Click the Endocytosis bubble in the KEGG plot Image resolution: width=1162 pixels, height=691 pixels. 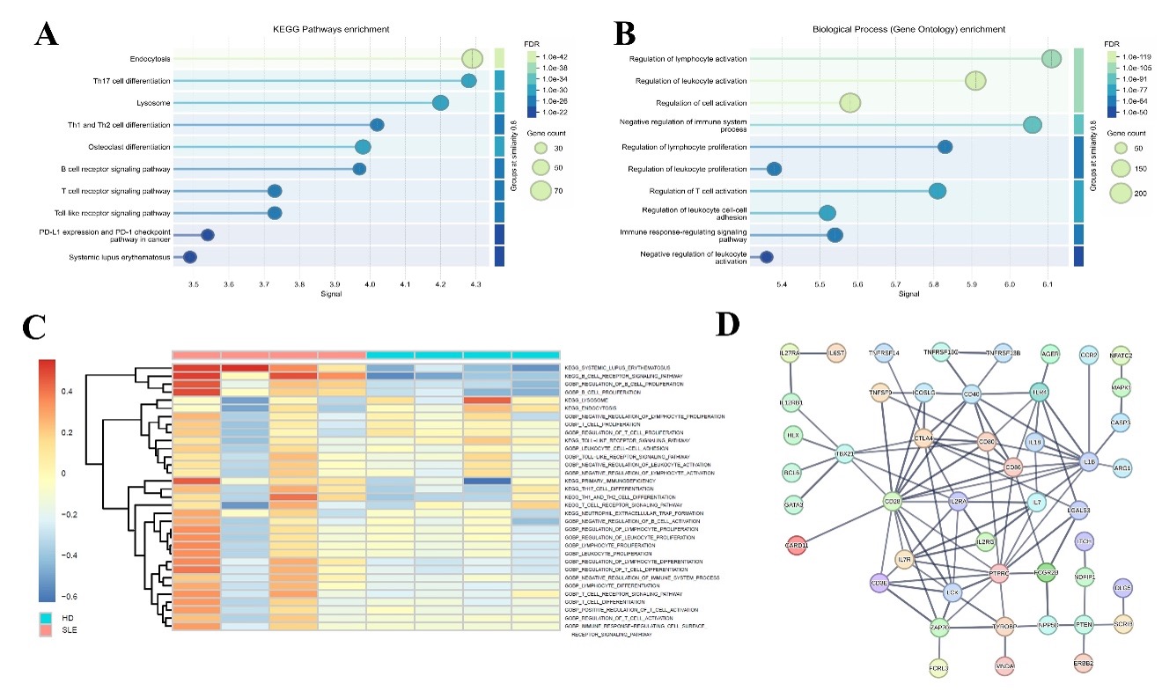[x=473, y=59]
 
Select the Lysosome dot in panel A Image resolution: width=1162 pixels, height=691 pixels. [x=441, y=103]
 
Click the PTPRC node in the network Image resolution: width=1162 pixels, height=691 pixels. [x=997, y=572]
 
